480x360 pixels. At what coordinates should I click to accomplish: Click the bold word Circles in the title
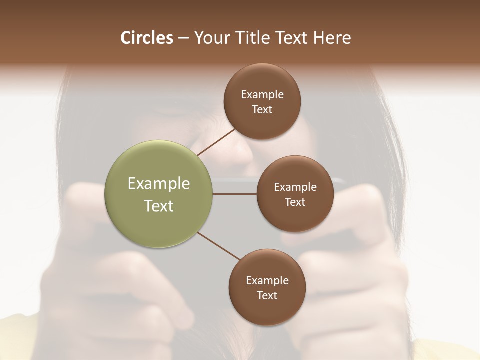coord(146,38)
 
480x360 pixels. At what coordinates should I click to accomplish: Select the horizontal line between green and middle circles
coord(235,194)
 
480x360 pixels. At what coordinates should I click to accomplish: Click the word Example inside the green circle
coord(159,184)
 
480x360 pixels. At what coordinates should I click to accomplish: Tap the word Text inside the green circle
coord(159,206)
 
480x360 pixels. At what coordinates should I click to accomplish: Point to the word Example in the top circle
coord(262,94)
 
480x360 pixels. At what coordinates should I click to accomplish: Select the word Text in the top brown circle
coord(262,109)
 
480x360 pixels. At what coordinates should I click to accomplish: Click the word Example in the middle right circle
coord(295,187)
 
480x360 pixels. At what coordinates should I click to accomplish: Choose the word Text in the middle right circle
coord(295,202)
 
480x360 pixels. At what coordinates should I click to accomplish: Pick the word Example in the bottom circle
coord(267,280)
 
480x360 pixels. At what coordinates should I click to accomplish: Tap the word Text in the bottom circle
coord(267,295)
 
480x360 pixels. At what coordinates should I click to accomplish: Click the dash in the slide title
coord(183,38)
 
